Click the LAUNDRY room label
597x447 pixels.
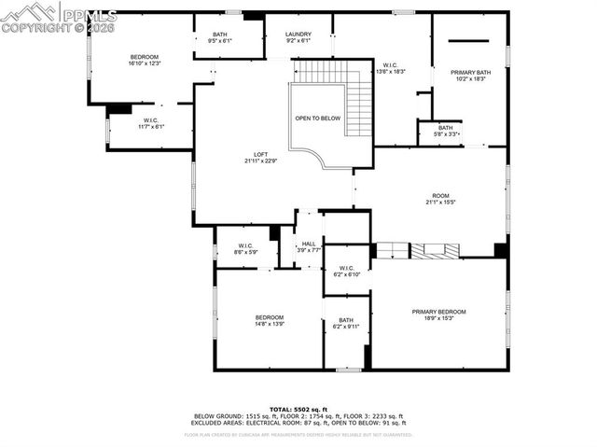click(298, 35)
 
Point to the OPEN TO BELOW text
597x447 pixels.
click(318, 119)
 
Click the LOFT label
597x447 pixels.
click(262, 155)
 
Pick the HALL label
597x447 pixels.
click(309, 244)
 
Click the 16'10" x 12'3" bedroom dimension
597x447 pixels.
click(145, 63)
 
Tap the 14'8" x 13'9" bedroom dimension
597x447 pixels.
click(270, 324)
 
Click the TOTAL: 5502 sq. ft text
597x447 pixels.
click(298, 409)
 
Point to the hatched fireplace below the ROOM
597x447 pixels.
click(437, 250)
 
